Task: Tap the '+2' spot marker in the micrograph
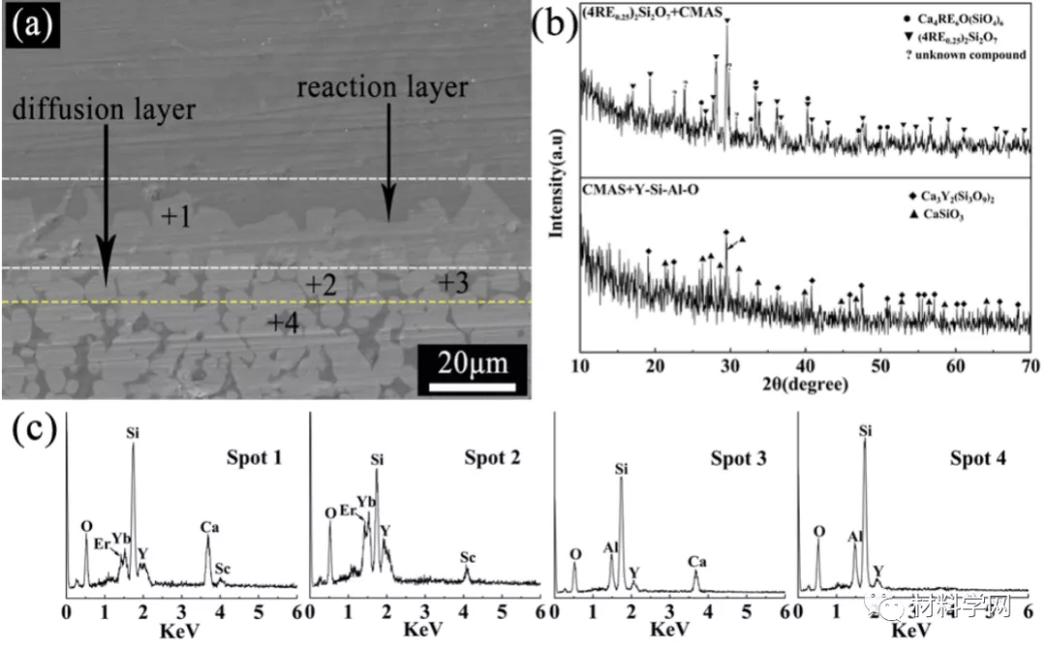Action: coord(321,285)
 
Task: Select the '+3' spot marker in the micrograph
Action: coord(453,283)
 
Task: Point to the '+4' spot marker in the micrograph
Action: coord(283,322)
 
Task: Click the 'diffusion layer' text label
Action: coord(104,109)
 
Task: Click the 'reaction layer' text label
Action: coord(383,87)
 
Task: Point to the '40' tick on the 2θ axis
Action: coord(805,365)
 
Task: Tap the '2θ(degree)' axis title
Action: coord(805,384)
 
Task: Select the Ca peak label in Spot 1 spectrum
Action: coord(210,527)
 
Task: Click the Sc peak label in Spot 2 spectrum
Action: coord(468,558)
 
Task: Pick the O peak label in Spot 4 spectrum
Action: coord(819,532)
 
